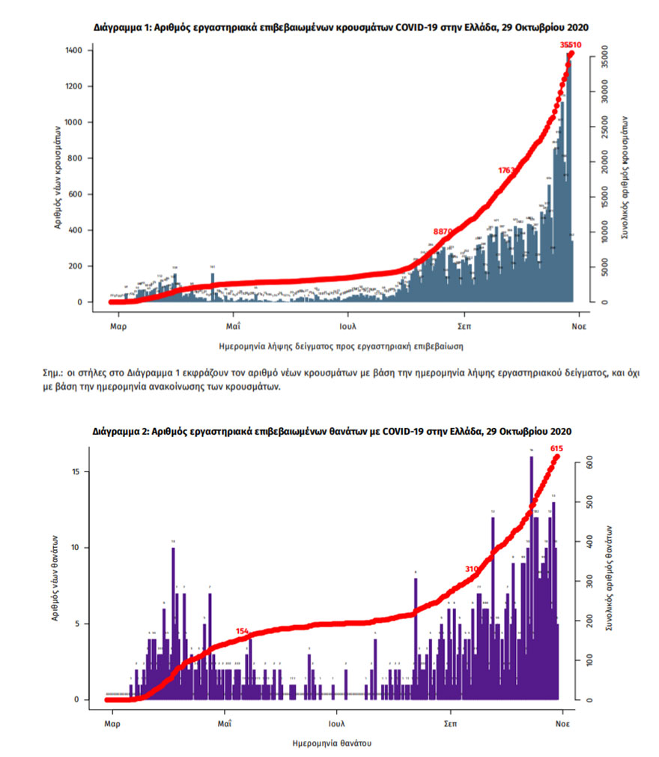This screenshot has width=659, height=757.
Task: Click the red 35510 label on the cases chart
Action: [571, 45]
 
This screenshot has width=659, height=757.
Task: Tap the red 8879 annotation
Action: [443, 232]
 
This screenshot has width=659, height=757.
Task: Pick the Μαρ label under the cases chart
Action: [118, 327]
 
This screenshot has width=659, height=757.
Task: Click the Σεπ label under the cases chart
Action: [462, 327]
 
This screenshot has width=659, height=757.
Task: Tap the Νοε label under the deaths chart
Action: [563, 724]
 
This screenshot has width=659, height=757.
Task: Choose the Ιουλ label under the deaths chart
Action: [336, 724]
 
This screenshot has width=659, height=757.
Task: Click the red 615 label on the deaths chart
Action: [556, 448]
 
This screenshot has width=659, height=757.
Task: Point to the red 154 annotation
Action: [242, 631]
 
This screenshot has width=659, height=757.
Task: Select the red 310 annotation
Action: [471, 569]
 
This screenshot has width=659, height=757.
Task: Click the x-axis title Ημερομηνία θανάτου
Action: [331, 744]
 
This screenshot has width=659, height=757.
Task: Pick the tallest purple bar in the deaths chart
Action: [531, 577]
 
